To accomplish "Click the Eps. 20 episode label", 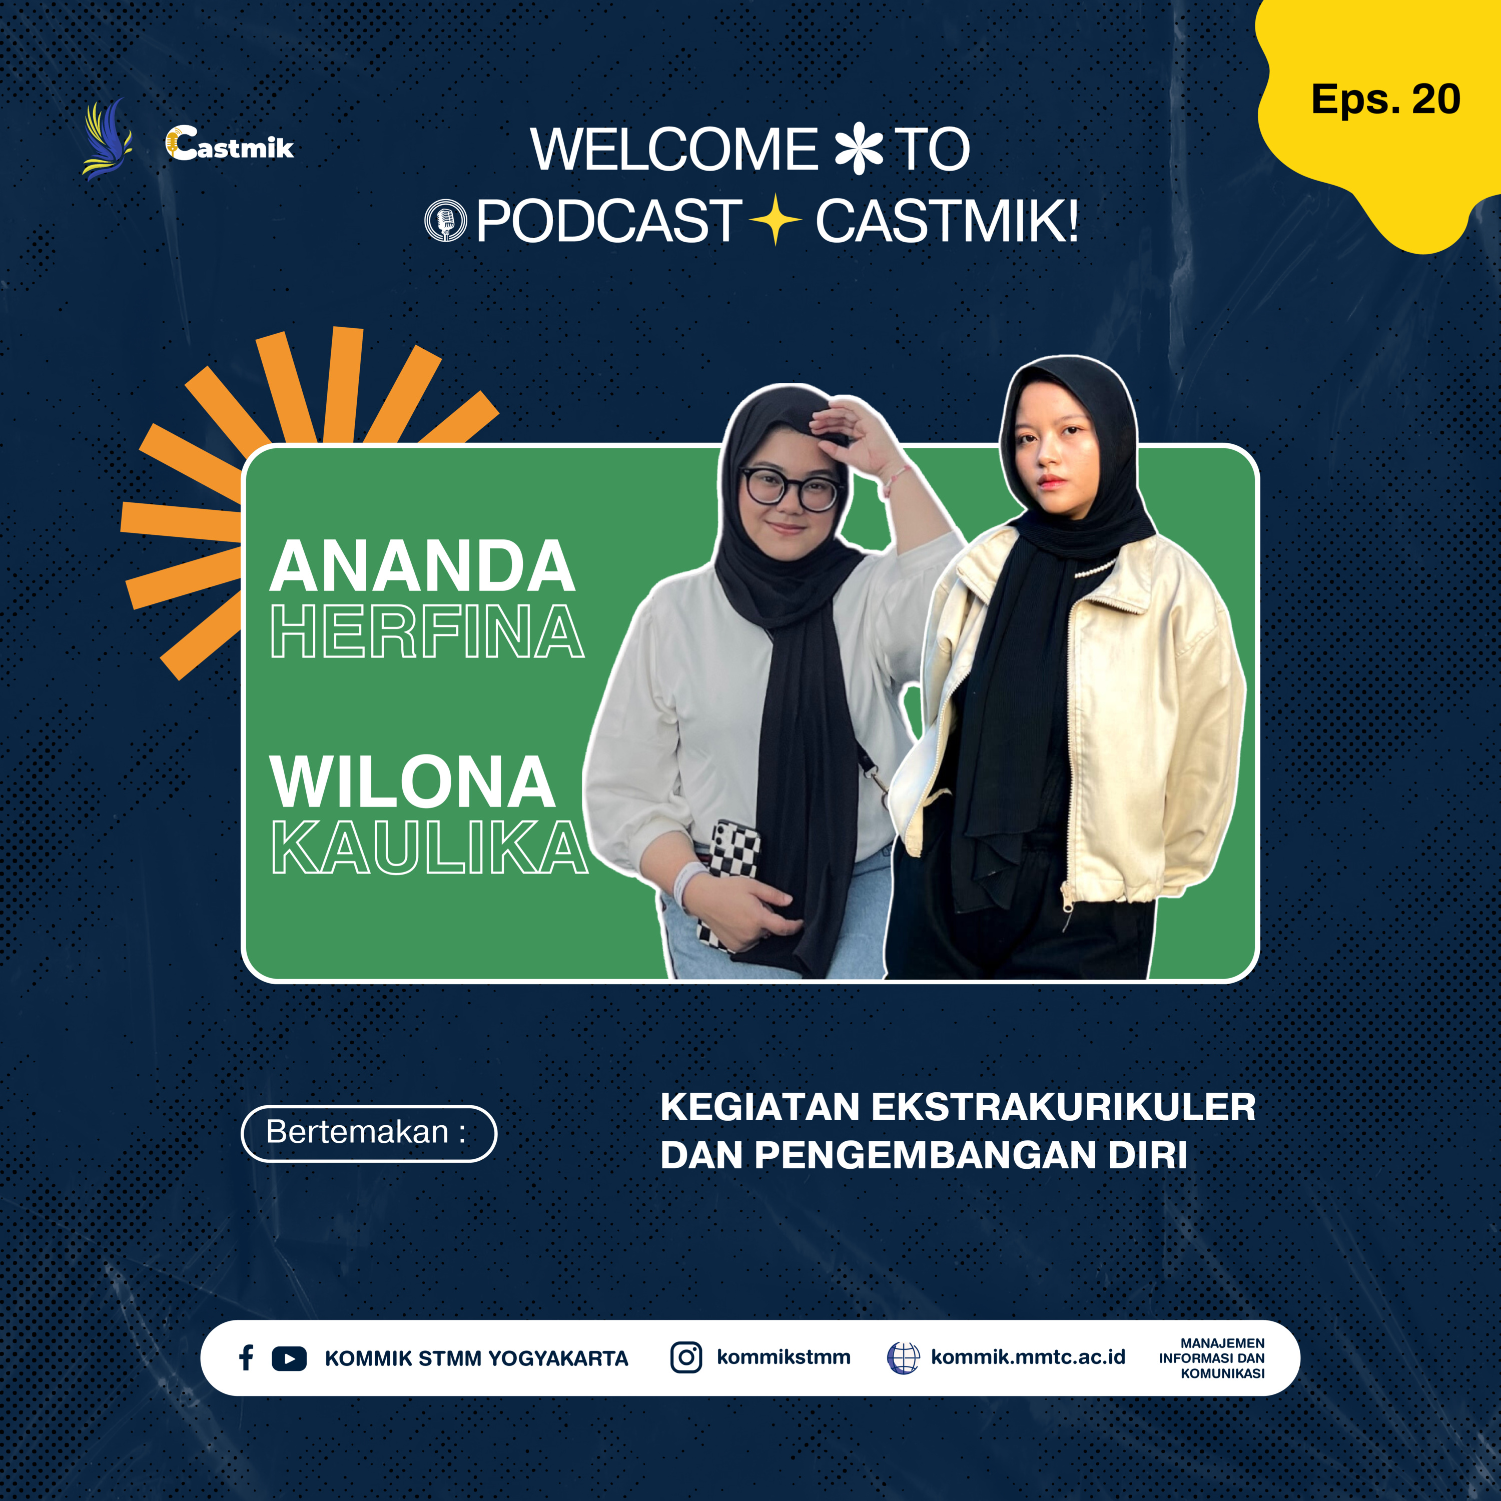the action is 1386,100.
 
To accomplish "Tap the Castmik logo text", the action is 230,144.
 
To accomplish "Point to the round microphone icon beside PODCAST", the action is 446,221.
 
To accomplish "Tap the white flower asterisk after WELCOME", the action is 859,150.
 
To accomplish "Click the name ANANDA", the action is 423,566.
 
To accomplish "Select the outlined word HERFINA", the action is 427,631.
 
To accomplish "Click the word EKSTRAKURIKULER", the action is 1064,1107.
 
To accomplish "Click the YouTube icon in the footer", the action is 289,1358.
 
